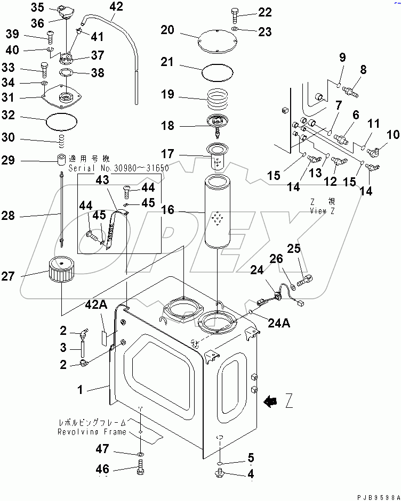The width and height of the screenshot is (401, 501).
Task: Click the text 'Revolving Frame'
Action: pyautogui.click(x=92, y=432)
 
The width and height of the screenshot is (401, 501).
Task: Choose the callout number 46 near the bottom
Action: pyautogui.click(x=102, y=469)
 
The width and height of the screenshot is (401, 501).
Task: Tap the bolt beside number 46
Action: pyautogui.click(x=140, y=470)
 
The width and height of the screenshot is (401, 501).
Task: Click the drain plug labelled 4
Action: pyautogui.click(x=221, y=473)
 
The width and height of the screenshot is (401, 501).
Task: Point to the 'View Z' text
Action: pyautogui.click(x=322, y=210)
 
